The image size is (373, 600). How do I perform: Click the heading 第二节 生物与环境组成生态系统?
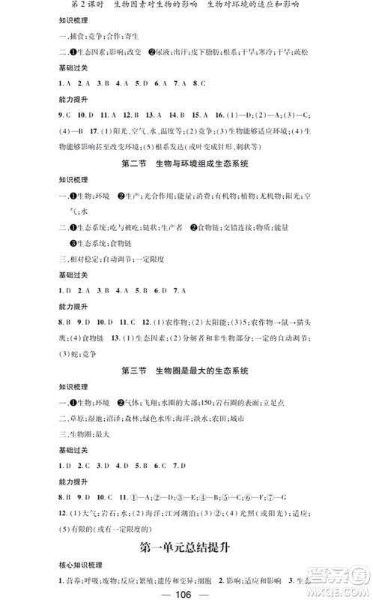[x=186, y=163]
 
